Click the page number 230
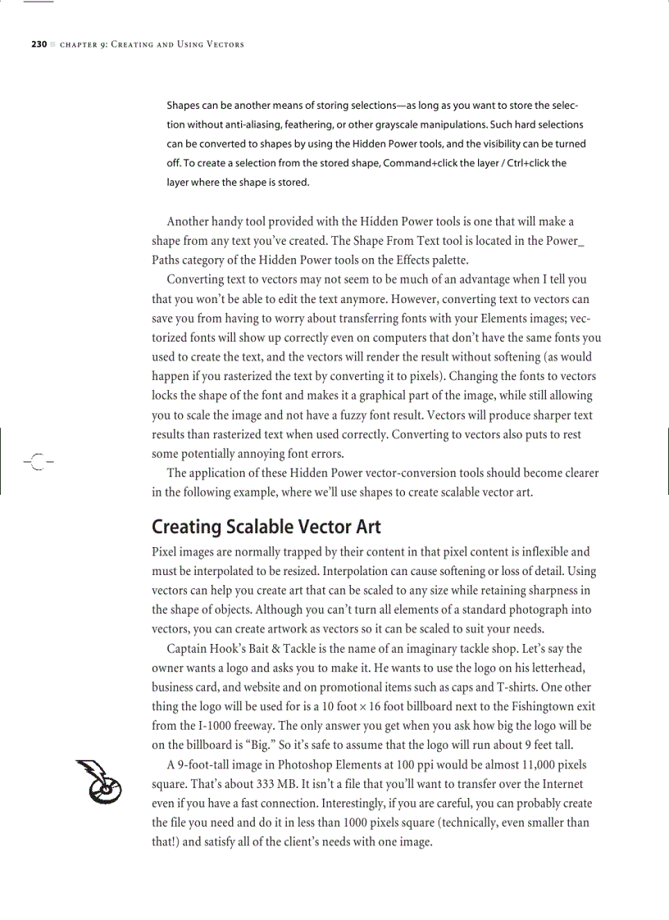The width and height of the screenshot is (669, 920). tap(39, 44)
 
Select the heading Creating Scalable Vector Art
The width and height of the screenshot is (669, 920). tap(266, 526)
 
